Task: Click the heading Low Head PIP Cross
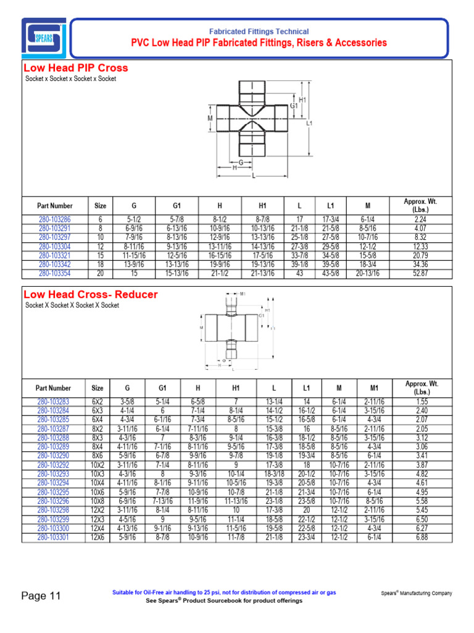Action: coord(75,68)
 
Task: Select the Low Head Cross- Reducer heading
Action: coord(90,295)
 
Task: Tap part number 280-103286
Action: coord(54,219)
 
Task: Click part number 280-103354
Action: coord(54,273)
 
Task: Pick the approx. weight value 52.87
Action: coord(421,273)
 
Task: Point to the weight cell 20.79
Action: coord(421,255)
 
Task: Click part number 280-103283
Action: coord(53,402)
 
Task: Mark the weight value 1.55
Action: coord(422,402)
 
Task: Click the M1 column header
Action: coord(373,388)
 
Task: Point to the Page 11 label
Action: coord(41,596)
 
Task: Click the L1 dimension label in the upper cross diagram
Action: coord(310,123)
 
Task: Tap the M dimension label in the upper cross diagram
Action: coord(210,117)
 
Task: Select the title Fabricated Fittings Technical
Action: coord(259,32)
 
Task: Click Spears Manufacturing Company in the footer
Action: coord(416,593)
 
